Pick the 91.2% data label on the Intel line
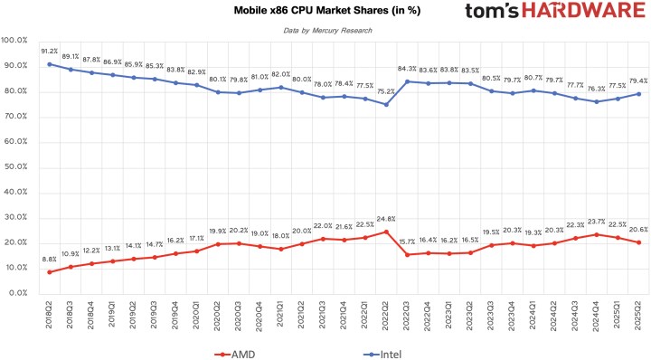(x=50, y=52)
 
